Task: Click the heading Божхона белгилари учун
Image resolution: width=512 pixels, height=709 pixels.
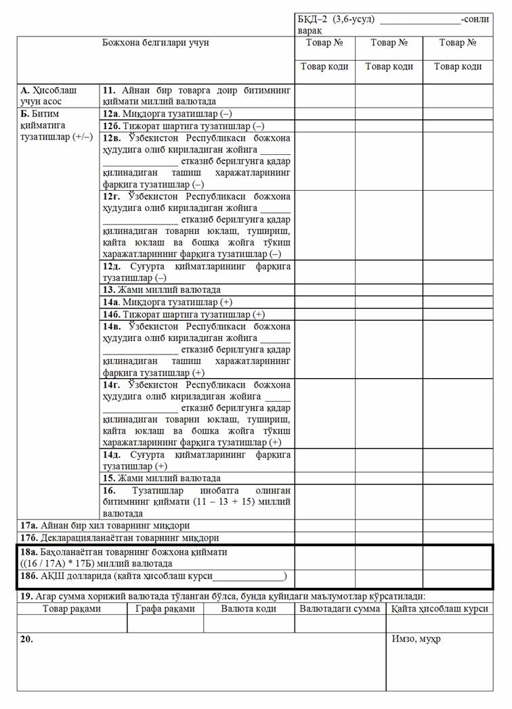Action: pyautogui.click(x=155, y=43)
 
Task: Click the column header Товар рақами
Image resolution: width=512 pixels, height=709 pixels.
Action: pyautogui.click(x=72, y=608)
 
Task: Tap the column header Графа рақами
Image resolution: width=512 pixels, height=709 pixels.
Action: pyautogui.click(x=165, y=608)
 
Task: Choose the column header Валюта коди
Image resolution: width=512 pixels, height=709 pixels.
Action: pyautogui.click(x=249, y=608)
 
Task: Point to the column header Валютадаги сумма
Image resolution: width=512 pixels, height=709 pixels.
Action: pyautogui.click(x=339, y=608)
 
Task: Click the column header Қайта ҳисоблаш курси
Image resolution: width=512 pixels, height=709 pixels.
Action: pyautogui.click(x=440, y=608)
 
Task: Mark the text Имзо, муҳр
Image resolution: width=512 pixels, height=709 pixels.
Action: pyautogui.click(x=416, y=639)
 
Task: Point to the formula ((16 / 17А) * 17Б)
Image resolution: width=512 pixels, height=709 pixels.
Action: pyautogui.click(x=62, y=563)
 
